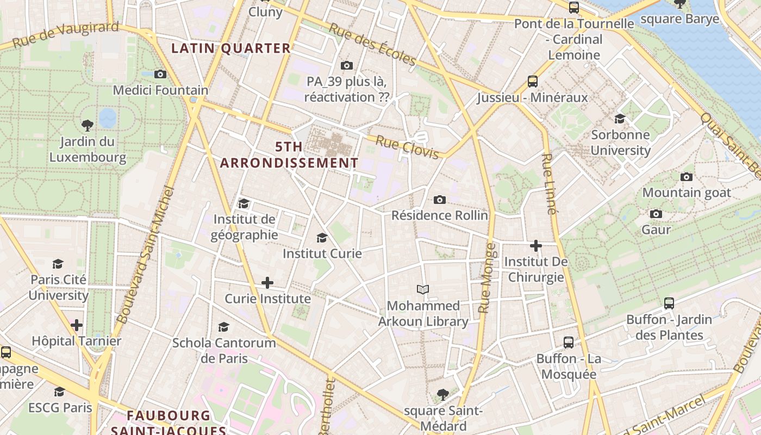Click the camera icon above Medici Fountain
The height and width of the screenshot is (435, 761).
pyautogui.click(x=160, y=74)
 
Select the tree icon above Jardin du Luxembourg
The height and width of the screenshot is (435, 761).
pyautogui.click(x=87, y=126)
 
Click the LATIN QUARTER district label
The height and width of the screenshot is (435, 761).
pyautogui.click(x=231, y=48)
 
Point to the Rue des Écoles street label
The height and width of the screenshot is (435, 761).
pyautogui.click(x=373, y=45)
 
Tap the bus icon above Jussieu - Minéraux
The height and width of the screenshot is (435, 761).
pyautogui.click(x=533, y=82)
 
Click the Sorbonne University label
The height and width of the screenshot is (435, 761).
pyautogui.click(x=620, y=142)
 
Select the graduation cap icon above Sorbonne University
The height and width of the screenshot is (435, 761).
pyautogui.click(x=620, y=119)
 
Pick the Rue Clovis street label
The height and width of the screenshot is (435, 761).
pyautogui.click(x=407, y=148)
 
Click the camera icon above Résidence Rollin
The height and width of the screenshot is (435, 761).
pyautogui.click(x=440, y=200)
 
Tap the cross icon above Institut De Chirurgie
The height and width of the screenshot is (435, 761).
pyautogui.click(x=536, y=246)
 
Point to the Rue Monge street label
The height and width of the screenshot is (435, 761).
pyautogui.click(x=487, y=278)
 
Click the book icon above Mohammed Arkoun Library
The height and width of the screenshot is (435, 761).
pyautogui.click(x=423, y=289)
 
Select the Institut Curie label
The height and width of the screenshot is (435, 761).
pyautogui.click(x=322, y=253)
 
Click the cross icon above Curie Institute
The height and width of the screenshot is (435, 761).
pyautogui.click(x=267, y=283)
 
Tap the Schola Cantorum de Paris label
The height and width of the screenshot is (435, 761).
pyautogui.click(x=224, y=351)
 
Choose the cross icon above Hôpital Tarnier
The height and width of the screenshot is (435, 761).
pyautogui.click(x=77, y=326)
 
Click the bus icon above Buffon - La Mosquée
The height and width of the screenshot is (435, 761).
pyautogui.click(x=569, y=343)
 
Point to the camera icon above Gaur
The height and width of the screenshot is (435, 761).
pyautogui.click(x=656, y=214)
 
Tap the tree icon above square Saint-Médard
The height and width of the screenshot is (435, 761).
pyautogui.click(x=443, y=394)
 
